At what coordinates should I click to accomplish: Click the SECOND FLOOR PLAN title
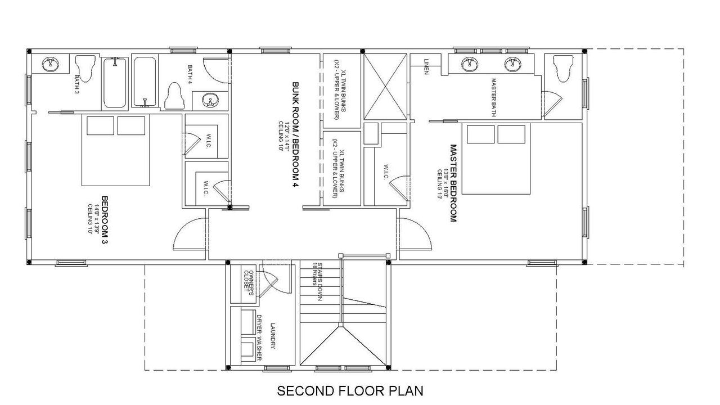[x=350, y=390]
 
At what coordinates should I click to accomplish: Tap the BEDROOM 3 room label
[x=105, y=220]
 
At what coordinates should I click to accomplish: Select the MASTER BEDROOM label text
[x=452, y=183]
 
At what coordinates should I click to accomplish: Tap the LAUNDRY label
[x=273, y=336]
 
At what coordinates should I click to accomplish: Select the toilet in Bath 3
[x=84, y=67]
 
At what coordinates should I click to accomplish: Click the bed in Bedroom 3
[x=116, y=150]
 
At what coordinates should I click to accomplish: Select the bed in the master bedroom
[x=496, y=159]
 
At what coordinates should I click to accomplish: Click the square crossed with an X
[x=385, y=86]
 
